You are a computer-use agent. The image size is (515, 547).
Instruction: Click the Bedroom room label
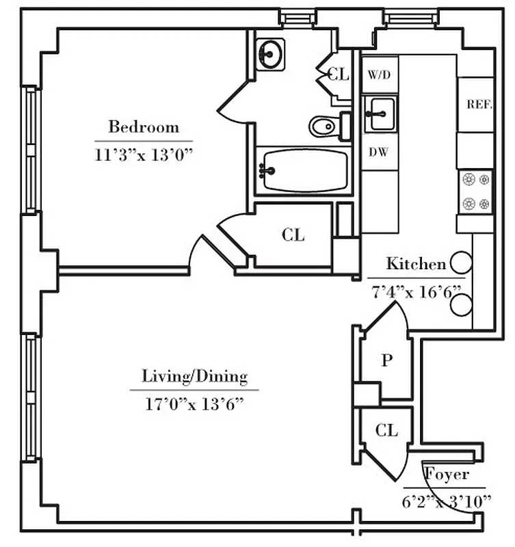point(144,127)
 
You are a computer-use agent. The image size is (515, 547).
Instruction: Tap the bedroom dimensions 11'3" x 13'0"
point(144,154)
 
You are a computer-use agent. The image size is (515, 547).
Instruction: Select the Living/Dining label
point(194,376)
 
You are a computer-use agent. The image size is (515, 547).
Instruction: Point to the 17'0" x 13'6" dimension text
point(194,404)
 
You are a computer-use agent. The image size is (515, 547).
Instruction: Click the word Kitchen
point(416,264)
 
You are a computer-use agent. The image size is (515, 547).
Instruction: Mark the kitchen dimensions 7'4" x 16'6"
point(416,290)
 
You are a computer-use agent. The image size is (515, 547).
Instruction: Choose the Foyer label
point(447,474)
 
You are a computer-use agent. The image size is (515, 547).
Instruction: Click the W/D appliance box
point(379,75)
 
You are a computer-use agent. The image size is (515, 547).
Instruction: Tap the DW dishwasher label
point(379,152)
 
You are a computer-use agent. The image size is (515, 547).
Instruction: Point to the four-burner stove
point(475,191)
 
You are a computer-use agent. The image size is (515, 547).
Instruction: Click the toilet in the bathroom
point(324,126)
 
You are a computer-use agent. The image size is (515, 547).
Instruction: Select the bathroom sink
point(271,53)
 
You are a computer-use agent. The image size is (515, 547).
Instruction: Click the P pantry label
point(386,361)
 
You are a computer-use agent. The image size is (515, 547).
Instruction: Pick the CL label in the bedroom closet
point(293,235)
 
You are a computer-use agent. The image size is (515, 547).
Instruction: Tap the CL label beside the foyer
point(386,430)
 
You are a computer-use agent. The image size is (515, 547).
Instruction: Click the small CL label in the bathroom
point(339,75)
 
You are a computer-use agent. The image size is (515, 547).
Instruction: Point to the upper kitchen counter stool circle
point(461,261)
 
